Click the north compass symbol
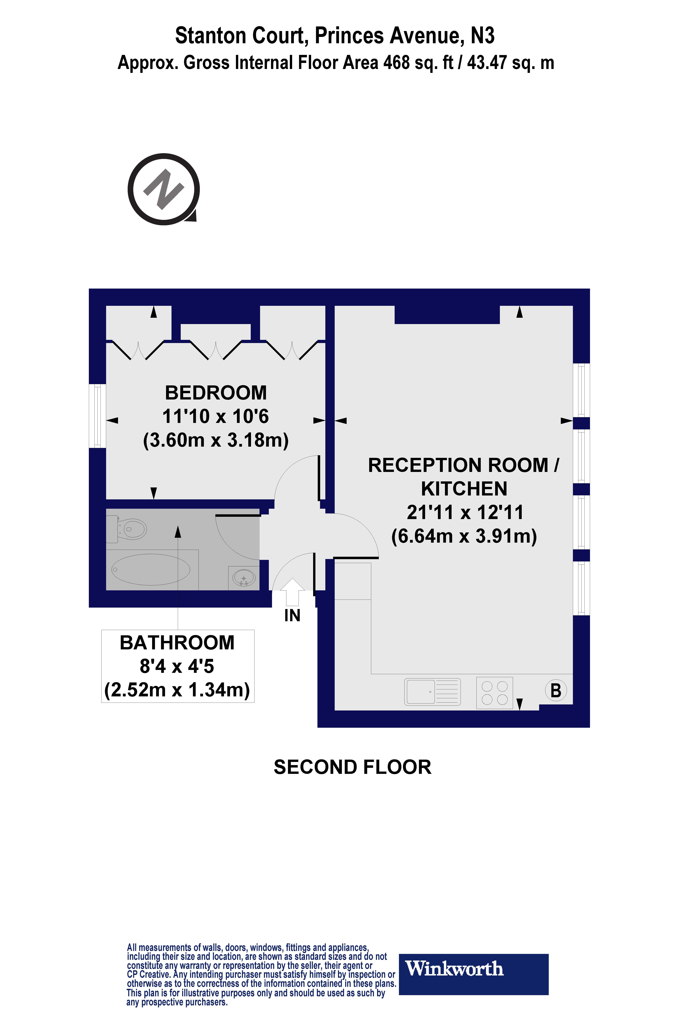click(164, 189)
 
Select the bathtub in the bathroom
click(151, 570)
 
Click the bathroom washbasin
click(244, 578)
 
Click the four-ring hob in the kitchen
click(494, 693)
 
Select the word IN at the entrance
click(292, 615)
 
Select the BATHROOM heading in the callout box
click(177, 643)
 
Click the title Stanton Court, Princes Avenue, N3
click(335, 35)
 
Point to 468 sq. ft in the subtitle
click(418, 63)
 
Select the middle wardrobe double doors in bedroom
click(216, 350)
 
